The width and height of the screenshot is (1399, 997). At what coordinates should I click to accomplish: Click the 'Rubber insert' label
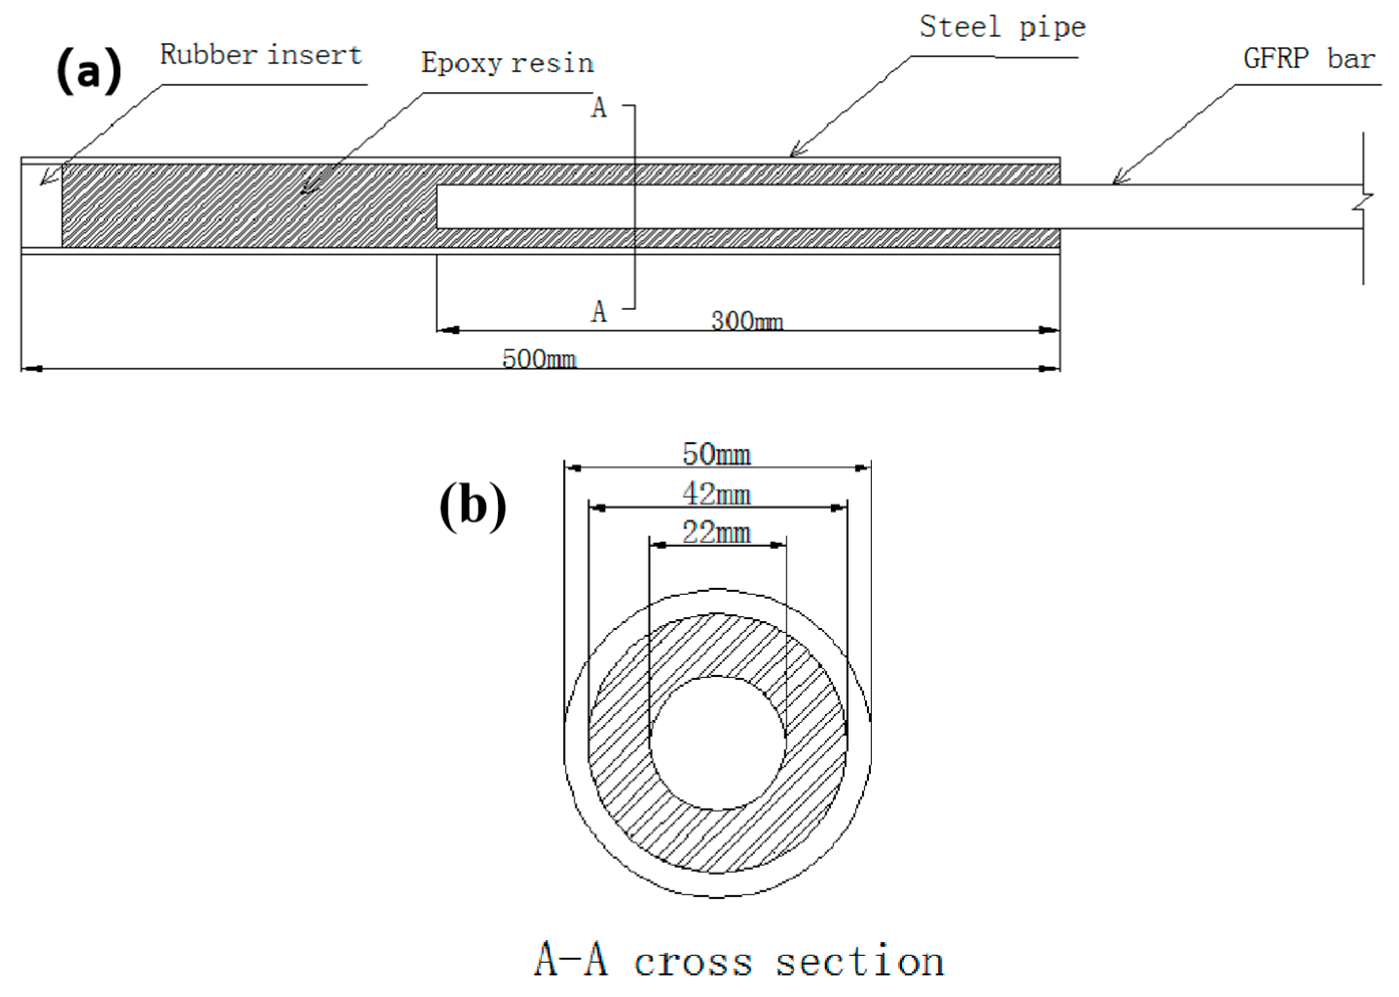coord(261,55)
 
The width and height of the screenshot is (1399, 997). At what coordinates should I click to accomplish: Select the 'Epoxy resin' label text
coord(507,63)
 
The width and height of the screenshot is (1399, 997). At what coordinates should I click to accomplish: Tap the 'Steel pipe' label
coord(1003,28)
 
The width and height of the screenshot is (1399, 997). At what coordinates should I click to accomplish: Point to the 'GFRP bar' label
coord(1309,59)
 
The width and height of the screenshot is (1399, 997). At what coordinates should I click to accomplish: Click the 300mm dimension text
coord(747,321)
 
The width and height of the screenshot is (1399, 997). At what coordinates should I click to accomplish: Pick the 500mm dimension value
coord(539,359)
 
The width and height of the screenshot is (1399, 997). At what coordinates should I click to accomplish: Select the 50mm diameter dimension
coord(717,455)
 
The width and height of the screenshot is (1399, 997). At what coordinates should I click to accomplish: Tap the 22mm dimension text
coord(717,532)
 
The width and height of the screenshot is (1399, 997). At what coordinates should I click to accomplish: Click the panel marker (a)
coord(89,72)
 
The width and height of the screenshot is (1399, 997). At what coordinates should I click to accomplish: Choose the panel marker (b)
coord(473,506)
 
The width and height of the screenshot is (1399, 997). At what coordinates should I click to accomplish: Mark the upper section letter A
coord(599,108)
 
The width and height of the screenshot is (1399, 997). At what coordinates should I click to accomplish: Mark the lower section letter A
coord(599,312)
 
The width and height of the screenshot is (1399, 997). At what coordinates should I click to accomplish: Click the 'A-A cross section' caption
coord(739,960)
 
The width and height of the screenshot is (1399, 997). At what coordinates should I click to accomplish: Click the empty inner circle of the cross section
coord(717,743)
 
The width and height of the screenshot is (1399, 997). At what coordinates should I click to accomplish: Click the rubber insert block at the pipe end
coord(42,206)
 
